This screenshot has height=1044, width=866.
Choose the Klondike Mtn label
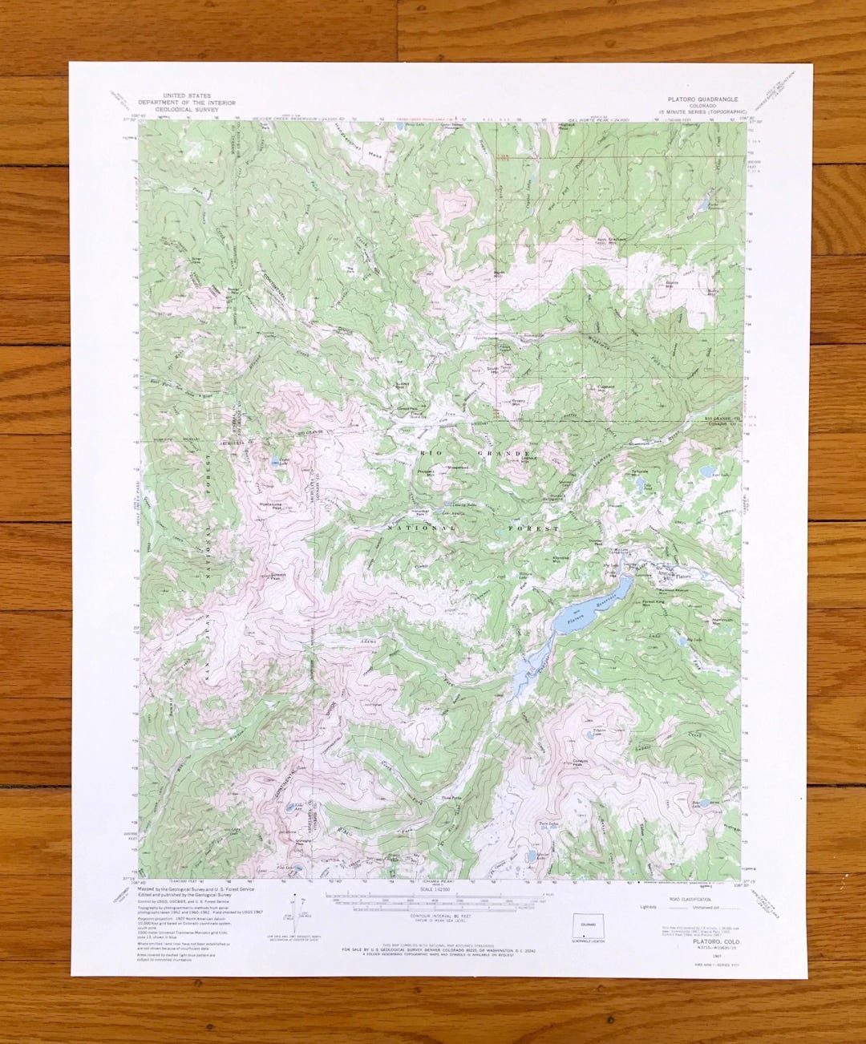coord(562,558)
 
